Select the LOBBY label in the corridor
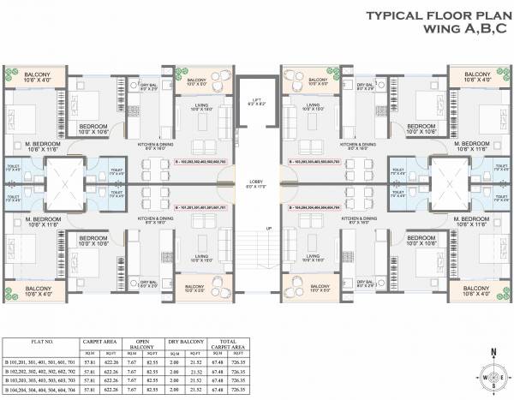(256, 183)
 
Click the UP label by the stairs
(269, 228)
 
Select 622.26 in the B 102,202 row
(108, 373)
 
